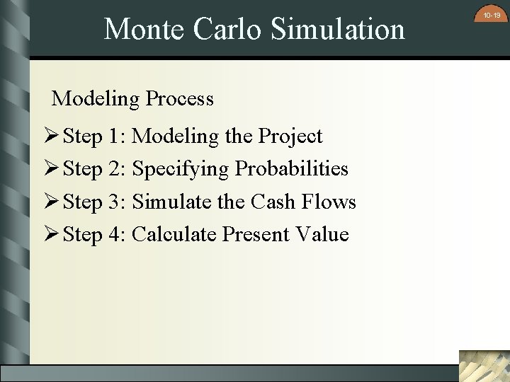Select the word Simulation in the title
coord(338,30)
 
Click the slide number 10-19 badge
coord(492,15)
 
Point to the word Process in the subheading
coord(179,98)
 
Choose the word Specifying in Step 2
coord(181,169)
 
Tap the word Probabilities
coord(292,169)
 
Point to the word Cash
coord(273,202)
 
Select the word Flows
coord(329,202)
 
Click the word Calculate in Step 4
coord(174,234)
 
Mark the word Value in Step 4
coord(323,234)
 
